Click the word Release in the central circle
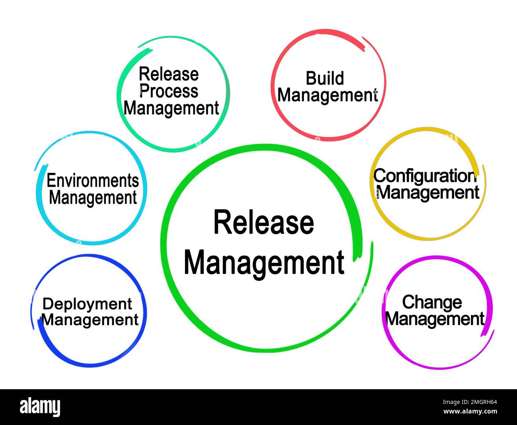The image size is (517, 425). [263, 223]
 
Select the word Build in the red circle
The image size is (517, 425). [325, 78]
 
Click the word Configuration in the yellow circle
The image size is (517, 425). [425, 176]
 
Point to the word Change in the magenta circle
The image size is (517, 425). [432, 302]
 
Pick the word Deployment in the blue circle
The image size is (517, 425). [87, 304]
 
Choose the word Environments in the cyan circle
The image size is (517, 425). [93, 181]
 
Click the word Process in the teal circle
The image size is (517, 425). [169, 91]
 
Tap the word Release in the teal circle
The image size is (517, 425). [169, 74]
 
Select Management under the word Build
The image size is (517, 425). [327, 96]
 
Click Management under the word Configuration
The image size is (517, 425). [428, 193]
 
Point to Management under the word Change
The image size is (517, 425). [435, 319]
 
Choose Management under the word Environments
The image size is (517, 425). [93, 198]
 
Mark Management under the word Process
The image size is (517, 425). [171, 109]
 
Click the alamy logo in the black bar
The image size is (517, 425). [40, 407]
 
